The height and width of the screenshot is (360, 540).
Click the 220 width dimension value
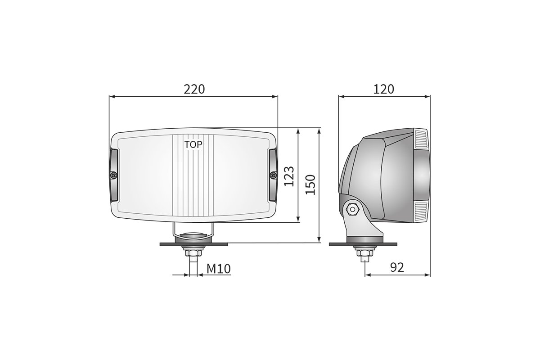coord(194,89)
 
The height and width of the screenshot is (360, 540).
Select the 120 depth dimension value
coord(384,89)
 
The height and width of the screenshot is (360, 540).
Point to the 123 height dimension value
coord(289,176)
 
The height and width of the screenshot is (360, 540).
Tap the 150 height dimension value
coord(310,184)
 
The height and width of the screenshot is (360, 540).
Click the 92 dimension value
coord(396,268)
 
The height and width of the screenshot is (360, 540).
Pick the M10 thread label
coord(219,269)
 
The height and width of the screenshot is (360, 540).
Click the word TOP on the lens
coord(193,144)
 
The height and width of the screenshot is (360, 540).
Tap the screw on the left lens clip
coord(114,174)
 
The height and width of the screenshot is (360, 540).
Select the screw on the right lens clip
coord(272,174)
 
